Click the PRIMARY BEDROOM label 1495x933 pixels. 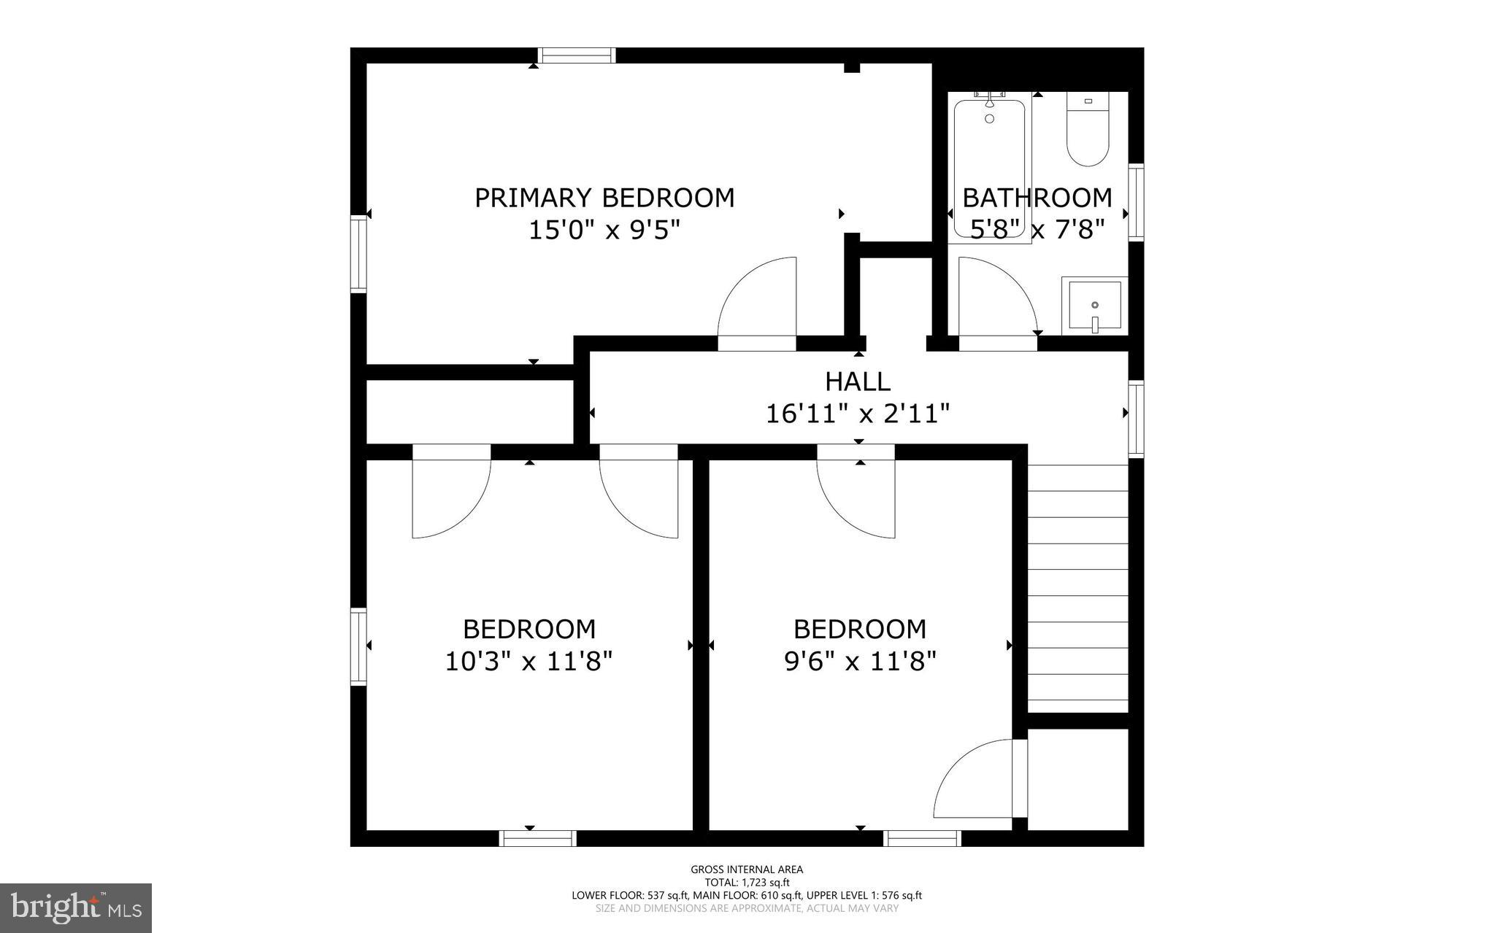pos(604,198)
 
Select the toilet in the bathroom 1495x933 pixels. pos(1088,130)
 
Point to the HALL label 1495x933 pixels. pos(858,382)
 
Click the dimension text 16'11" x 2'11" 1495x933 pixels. pos(858,414)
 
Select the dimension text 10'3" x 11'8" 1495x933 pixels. pos(529,662)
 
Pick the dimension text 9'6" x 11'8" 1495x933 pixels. pos(860,662)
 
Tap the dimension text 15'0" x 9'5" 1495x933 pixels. pos(604,231)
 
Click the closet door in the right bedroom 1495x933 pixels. pos(978,781)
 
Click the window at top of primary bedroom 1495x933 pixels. pos(577,55)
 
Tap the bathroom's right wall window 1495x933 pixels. pos(1136,202)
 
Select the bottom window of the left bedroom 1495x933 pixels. pos(538,839)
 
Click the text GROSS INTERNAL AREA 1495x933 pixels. pos(747,869)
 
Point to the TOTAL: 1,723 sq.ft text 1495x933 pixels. pos(747,882)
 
